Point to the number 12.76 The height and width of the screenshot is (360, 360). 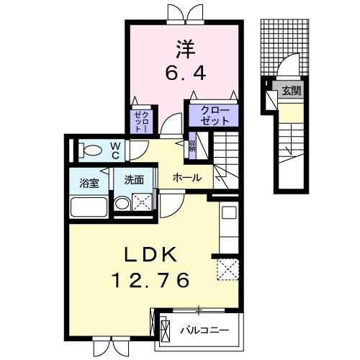coord(153,279)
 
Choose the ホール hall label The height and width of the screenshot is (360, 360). coord(186,178)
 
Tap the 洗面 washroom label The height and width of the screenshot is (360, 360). coord(134,181)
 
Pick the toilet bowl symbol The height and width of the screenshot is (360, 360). coord(91,150)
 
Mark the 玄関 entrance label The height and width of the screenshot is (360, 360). coord(292,91)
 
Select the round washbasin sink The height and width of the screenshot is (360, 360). coord(122,204)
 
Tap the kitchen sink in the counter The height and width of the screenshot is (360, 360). coord(229,212)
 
